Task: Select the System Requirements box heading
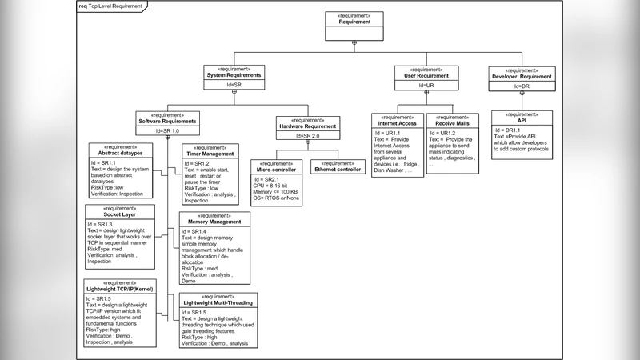point(234,75)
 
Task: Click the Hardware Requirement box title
point(308,126)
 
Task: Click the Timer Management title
point(210,154)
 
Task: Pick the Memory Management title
point(214,222)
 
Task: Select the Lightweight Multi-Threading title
point(218,302)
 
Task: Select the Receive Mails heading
point(454,124)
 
